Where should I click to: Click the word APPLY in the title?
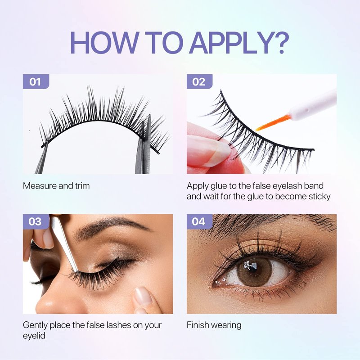(x=233, y=42)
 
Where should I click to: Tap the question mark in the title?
(x=283, y=42)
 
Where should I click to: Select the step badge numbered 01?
(x=36, y=81)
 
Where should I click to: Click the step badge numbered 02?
(x=199, y=81)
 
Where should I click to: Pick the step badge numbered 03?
(x=36, y=221)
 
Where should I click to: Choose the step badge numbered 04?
(x=199, y=221)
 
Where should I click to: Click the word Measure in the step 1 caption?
(x=40, y=186)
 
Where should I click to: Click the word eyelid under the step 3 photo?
(x=34, y=336)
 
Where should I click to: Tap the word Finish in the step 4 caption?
(x=198, y=325)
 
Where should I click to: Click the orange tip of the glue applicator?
(x=274, y=123)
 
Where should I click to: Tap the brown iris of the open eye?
(x=254, y=272)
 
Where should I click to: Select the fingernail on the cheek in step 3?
(x=142, y=296)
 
